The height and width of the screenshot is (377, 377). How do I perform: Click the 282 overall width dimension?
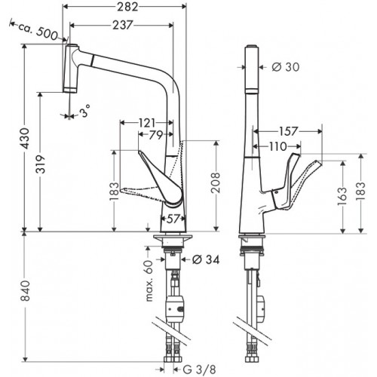point(127,7)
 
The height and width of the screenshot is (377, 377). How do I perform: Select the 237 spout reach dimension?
point(122,25)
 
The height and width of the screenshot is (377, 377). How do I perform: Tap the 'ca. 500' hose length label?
point(38,30)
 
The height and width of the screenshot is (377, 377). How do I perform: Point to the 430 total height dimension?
point(25,138)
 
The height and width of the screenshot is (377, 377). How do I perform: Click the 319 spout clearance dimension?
point(41,164)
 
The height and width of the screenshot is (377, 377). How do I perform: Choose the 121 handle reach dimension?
point(147,123)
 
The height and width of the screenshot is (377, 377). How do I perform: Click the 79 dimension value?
point(156,135)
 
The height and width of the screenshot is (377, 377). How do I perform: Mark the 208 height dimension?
point(216,182)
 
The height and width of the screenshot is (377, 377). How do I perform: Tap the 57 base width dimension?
point(173,219)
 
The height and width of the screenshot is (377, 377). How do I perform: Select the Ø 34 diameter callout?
point(206,259)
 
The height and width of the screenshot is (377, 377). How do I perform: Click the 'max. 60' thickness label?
point(149,280)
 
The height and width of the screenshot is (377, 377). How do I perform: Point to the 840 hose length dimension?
point(25,291)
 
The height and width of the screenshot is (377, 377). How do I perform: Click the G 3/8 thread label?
point(199,369)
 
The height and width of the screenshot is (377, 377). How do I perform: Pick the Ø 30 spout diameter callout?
point(286,67)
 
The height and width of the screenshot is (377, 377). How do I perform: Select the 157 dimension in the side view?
point(288,131)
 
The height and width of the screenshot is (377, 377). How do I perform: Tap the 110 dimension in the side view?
point(277,146)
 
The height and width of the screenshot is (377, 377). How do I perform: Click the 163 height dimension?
point(342,197)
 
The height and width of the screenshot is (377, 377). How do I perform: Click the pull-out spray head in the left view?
point(71,69)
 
